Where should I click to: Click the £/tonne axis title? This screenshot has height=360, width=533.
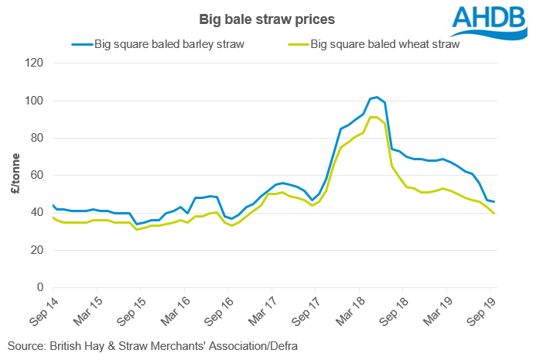tap(15, 176)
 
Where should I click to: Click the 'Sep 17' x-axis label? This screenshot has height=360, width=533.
tap(305, 308)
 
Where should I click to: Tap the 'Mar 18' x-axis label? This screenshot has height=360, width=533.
tap(349, 308)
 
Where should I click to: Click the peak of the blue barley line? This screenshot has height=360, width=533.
tap(376, 98)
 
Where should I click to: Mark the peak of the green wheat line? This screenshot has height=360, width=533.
tap(374, 117)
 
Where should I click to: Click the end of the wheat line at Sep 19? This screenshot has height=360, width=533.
tap(494, 214)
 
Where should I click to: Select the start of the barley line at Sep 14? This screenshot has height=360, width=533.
tap(53, 205)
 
